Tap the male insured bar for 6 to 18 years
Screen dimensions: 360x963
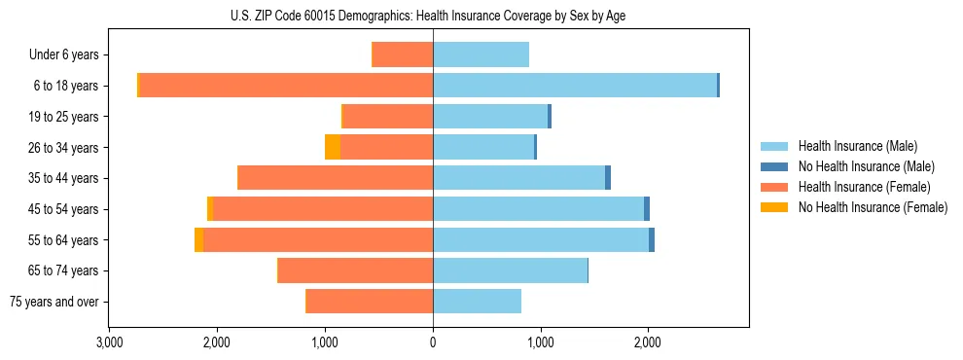(575, 86)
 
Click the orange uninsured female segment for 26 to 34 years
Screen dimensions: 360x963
(333, 147)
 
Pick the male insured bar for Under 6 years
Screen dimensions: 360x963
(481, 54)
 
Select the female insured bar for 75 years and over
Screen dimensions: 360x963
(370, 302)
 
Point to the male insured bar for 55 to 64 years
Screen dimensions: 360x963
(541, 240)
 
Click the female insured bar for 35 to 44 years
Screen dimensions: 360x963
(336, 178)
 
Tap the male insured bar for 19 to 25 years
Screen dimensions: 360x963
(490, 117)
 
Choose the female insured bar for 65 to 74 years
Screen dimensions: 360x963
(356, 270)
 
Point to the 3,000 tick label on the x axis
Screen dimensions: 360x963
(109, 342)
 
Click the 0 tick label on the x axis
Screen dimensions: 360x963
(433, 342)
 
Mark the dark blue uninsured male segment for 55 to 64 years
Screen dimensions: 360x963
(652, 240)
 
